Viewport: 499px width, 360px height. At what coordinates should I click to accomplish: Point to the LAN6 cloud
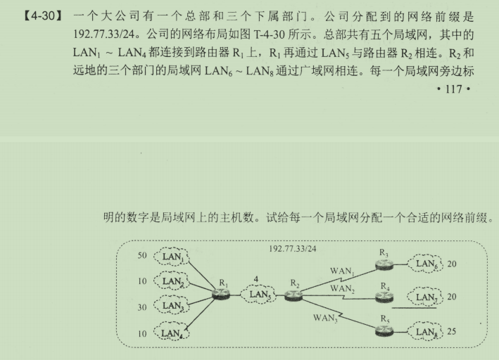point(426,264)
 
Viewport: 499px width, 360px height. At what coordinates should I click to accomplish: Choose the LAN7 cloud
point(426,297)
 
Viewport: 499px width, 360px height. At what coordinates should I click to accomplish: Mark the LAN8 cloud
point(426,332)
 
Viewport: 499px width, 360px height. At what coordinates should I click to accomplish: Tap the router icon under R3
point(384,264)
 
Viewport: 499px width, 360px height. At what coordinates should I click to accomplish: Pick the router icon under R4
point(384,297)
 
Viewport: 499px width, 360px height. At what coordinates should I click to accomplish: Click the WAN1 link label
point(342,271)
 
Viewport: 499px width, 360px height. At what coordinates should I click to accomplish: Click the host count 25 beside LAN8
point(452,331)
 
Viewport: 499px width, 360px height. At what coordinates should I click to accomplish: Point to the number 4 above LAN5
point(258,280)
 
